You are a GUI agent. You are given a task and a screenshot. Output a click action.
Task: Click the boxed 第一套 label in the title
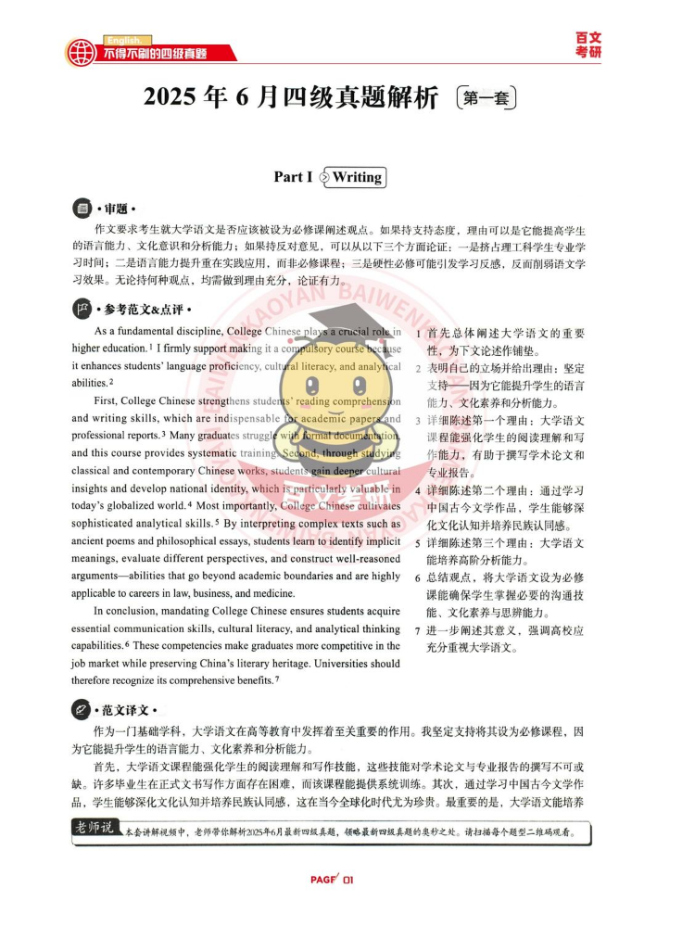click(486, 97)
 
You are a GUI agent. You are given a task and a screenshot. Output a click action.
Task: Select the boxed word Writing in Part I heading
click(357, 177)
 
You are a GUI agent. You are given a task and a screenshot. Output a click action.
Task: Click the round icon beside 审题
click(82, 209)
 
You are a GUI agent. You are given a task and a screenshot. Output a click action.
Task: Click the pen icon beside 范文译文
click(82, 710)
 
